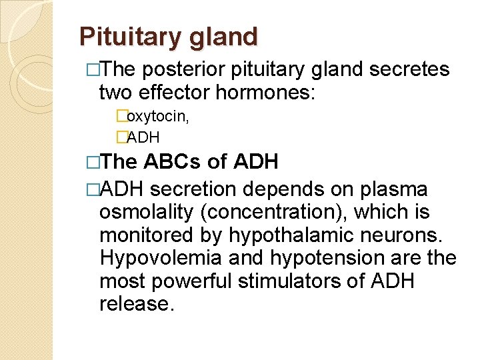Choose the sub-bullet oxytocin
pos(157,117)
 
